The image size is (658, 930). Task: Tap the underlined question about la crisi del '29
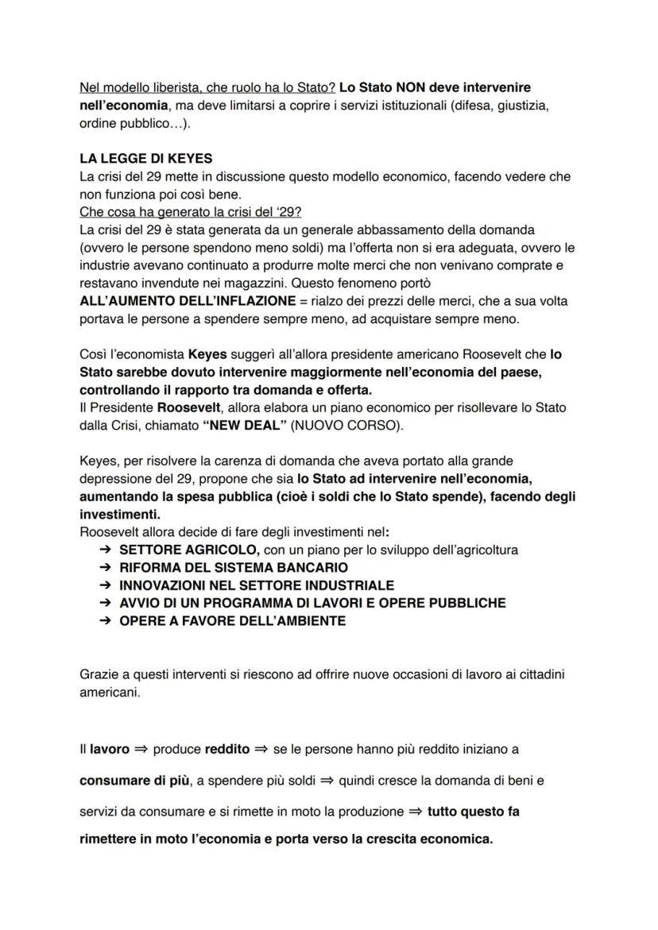(190, 212)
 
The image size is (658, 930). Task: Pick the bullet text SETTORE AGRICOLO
(188, 550)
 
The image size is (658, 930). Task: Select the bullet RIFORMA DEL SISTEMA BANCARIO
(233, 568)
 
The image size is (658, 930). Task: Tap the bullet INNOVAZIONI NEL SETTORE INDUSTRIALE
(256, 585)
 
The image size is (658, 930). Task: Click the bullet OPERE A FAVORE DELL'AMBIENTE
(232, 621)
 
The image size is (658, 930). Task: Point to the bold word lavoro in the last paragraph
(109, 749)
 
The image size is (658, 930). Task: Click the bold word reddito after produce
(226, 749)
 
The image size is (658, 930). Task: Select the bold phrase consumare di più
(134, 781)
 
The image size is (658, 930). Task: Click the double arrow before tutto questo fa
(416, 812)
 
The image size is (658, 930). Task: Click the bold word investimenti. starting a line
(119, 514)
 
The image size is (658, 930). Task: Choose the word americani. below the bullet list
(110, 693)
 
